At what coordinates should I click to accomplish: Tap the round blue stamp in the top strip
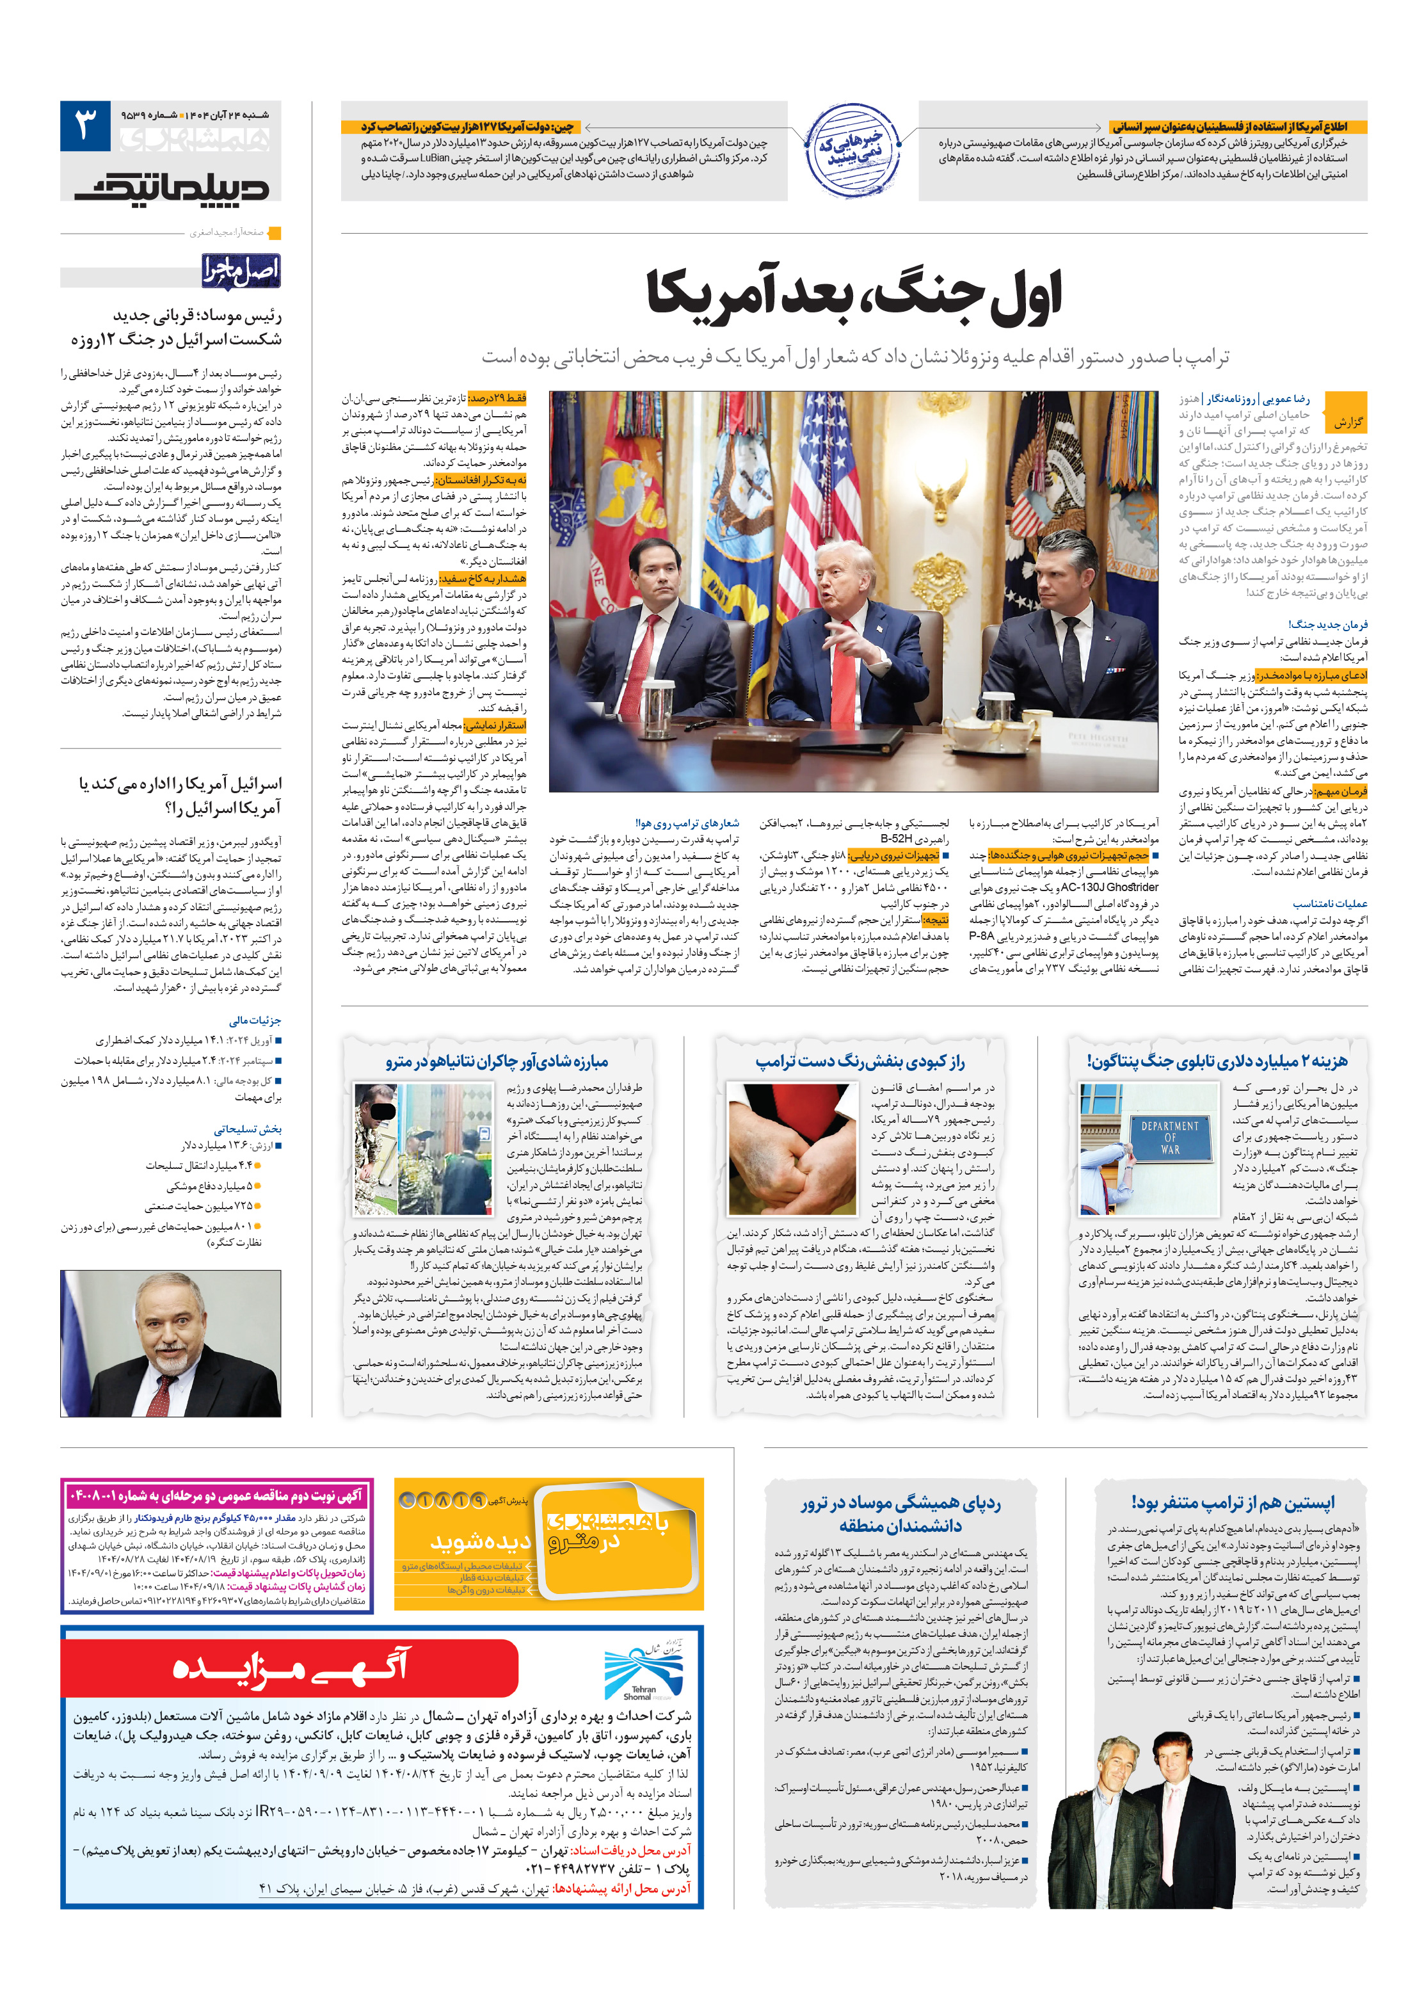[x=852, y=150]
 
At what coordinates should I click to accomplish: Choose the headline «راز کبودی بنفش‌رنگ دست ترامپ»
[x=860, y=1062]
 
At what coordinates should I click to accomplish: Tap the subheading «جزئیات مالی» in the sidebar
[x=255, y=1020]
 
